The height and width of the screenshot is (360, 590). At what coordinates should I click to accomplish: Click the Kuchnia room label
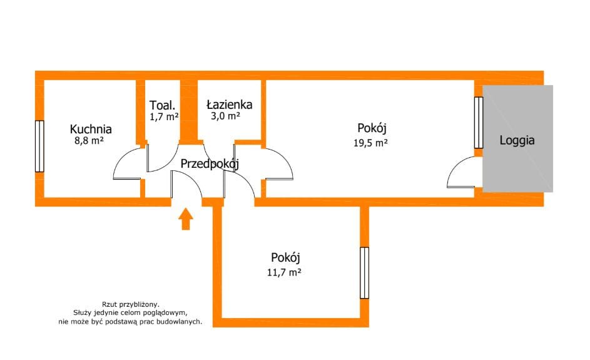click(91, 130)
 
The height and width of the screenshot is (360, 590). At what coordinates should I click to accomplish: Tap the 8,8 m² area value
click(88, 141)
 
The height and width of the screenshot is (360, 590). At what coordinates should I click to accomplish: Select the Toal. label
click(161, 105)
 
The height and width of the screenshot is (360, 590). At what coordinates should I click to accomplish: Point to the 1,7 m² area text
click(164, 116)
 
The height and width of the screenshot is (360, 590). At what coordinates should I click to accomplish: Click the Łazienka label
click(229, 105)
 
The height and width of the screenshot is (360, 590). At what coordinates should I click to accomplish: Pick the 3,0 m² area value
click(224, 116)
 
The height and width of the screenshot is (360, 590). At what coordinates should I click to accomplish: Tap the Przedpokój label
click(210, 163)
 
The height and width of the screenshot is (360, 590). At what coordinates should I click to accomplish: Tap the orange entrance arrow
click(186, 219)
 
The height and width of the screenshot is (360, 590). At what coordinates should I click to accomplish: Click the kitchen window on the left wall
click(39, 145)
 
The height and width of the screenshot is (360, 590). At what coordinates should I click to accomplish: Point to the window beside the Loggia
click(479, 122)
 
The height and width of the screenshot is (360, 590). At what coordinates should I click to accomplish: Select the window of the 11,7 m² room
click(364, 273)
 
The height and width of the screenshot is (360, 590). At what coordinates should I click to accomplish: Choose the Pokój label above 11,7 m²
click(287, 257)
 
